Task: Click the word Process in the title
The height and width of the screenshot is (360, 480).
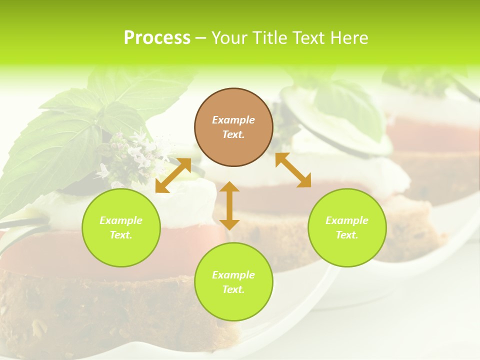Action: (157, 38)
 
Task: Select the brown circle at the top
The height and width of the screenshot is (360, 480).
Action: (233, 127)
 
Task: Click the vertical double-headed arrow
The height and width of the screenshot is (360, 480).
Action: (229, 205)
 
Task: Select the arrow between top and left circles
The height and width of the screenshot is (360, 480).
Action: (173, 175)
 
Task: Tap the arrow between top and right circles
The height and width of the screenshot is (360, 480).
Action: (293, 170)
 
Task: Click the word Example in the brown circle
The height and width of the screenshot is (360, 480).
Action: (233, 120)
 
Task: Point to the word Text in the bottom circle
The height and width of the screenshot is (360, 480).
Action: (232, 289)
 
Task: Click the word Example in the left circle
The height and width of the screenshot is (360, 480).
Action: (121, 220)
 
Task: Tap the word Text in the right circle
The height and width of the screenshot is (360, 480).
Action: (346, 235)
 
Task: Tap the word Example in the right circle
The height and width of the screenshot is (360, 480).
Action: (347, 220)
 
